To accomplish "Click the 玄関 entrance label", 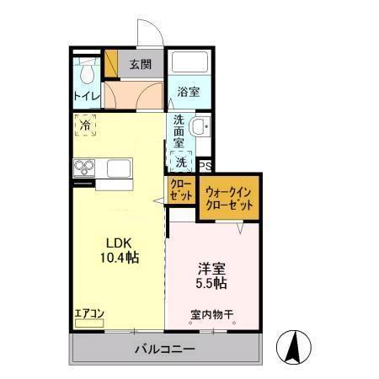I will (140, 64).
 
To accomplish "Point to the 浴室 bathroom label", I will (189, 93).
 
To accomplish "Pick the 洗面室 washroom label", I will (180, 131).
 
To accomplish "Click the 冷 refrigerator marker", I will (86, 125).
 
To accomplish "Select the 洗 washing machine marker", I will (181, 162).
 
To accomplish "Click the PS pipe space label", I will (204, 166).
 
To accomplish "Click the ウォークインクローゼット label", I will (230, 199).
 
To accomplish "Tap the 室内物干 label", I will (211, 316).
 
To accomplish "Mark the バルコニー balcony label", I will (165, 349).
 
